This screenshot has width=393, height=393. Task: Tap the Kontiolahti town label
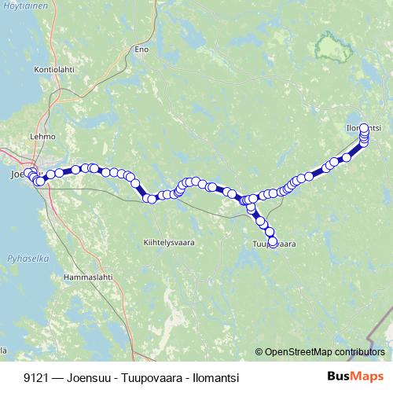pos(53,69)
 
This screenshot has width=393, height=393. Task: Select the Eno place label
pos(141,49)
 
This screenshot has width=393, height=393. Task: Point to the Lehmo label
pos(42,135)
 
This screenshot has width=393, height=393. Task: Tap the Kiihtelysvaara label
pos(169,241)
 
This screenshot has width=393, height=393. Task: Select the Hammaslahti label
pos(88,277)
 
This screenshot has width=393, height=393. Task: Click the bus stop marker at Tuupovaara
pos(273,242)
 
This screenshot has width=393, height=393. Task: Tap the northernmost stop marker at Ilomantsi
pos(364,128)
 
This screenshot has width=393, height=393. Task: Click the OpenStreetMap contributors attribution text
pos(325,352)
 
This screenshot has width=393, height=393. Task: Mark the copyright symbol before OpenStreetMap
pos(259,352)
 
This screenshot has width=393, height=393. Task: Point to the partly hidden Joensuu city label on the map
pos(16,174)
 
